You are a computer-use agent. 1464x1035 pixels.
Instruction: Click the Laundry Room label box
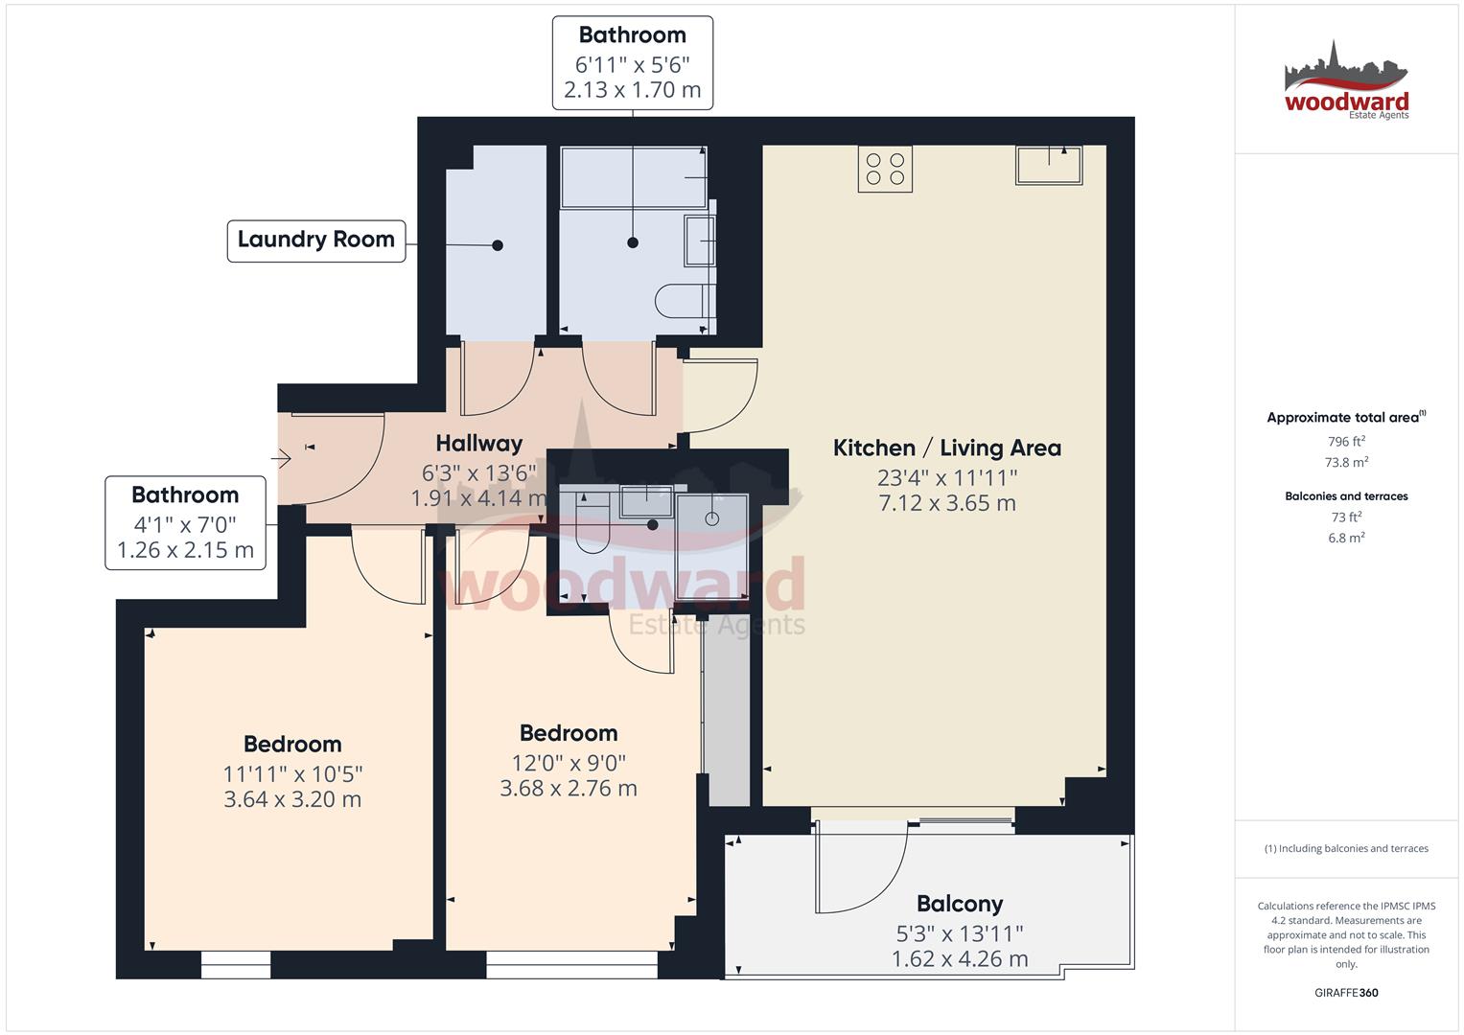click(x=316, y=241)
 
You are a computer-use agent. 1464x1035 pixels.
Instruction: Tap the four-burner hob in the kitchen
click(x=885, y=169)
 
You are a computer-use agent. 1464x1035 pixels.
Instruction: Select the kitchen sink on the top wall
click(x=1049, y=165)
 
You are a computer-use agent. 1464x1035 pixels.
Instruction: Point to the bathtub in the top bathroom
click(x=634, y=177)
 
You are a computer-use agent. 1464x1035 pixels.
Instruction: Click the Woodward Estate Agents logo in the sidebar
click(x=1346, y=81)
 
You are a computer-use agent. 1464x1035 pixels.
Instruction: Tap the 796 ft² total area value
click(x=1346, y=441)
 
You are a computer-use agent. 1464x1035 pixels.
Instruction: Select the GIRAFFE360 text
click(x=1346, y=993)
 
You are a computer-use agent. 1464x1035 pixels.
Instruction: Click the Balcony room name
click(x=960, y=904)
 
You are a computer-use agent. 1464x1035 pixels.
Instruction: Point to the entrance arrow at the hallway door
click(x=281, y=459)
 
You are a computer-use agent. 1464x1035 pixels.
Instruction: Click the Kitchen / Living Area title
click(x=947, y=448)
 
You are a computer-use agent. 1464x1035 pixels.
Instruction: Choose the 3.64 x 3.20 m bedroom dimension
click(x=292, y=799)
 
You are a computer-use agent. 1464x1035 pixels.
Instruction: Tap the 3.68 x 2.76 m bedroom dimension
click(x=569, y=788)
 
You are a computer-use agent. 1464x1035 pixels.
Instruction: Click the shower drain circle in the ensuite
click(x=712, y=518)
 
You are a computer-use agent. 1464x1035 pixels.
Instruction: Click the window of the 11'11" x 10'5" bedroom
click(x=235, y=964)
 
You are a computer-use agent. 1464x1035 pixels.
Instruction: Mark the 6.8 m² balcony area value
click(x=1346, y=538)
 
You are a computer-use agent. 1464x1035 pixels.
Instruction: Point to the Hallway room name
click(x=479, y=444)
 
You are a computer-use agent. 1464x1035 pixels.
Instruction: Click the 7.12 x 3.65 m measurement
click(x=947, y=503)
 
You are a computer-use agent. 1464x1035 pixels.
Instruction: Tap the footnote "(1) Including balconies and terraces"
click(x=1346, y=849)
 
